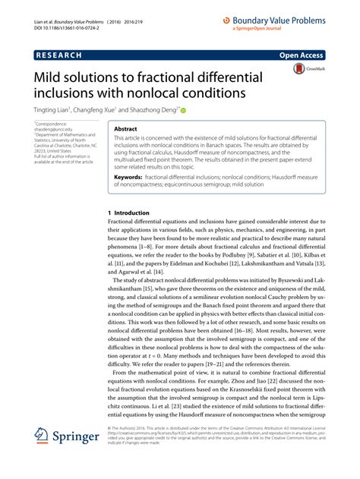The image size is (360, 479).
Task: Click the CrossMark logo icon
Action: point(297,69)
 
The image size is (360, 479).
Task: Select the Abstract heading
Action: point(125,130)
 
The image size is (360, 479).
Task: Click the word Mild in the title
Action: point(45,78)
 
